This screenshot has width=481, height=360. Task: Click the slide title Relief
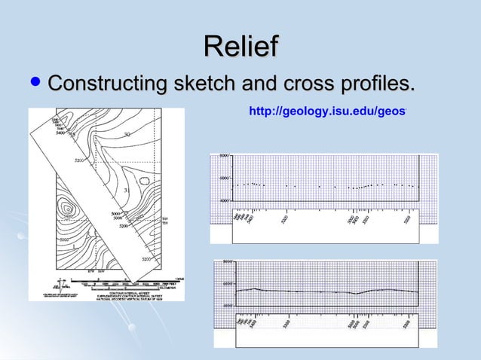(240, 45)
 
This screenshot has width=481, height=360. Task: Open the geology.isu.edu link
(327, 111)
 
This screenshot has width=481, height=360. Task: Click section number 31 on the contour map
(127, 191)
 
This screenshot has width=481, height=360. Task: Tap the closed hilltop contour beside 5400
(69, 209)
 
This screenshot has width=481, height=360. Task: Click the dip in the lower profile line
(357, 294)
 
